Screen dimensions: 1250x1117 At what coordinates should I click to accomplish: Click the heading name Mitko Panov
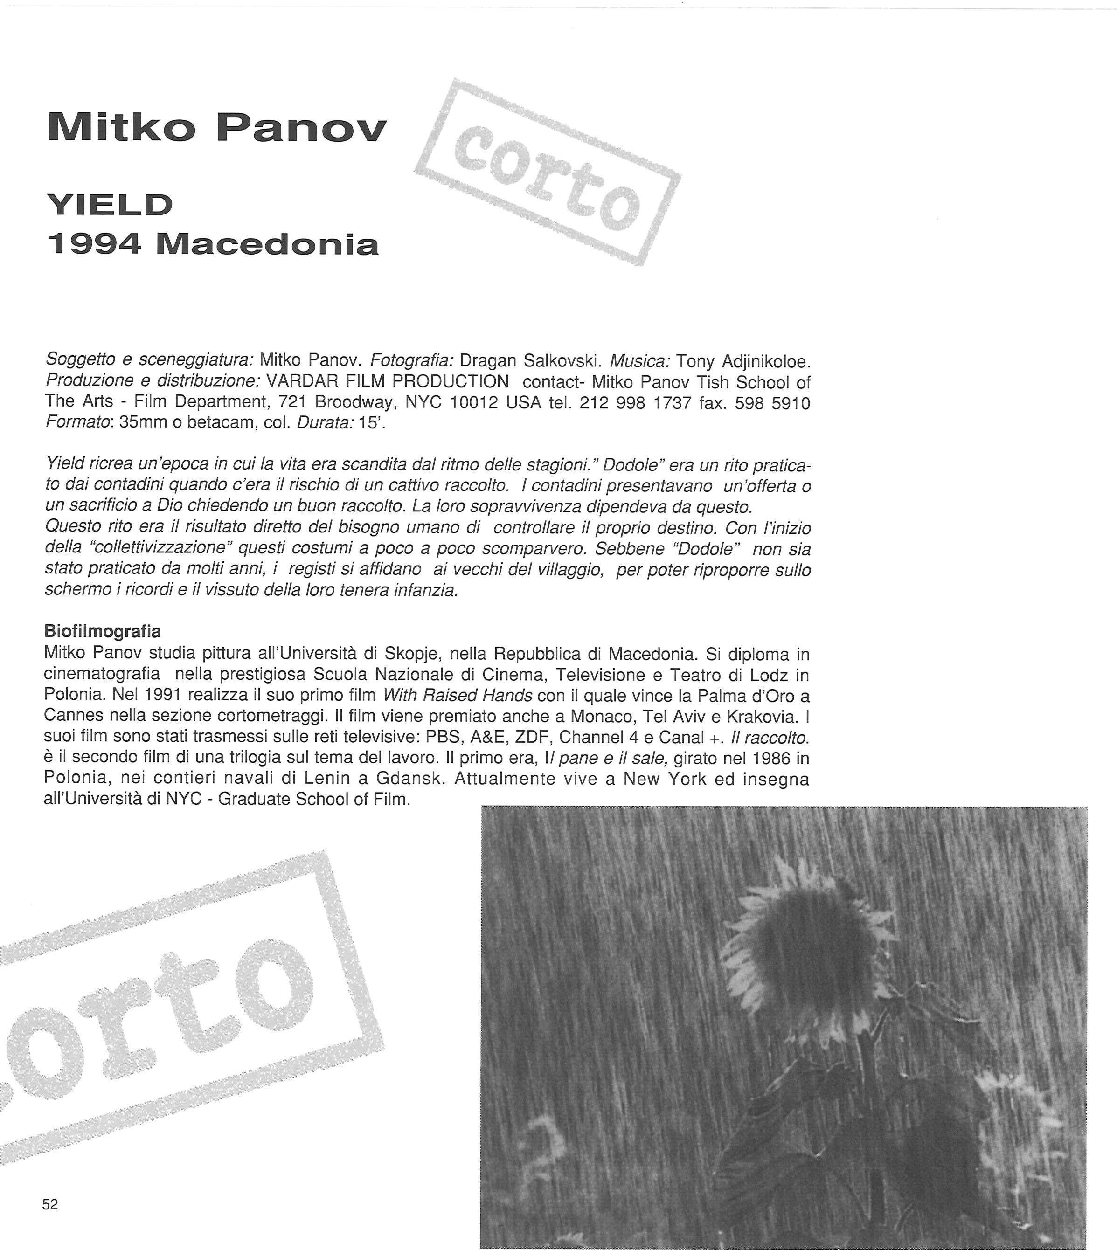pos(217,128)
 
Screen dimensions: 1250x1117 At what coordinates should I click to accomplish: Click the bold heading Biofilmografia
pos(103,631)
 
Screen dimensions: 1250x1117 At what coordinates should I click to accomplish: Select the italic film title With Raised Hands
pos(458,695)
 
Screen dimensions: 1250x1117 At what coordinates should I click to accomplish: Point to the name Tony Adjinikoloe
pos(744,361)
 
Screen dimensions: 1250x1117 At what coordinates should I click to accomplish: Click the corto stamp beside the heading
pos(547,172)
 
